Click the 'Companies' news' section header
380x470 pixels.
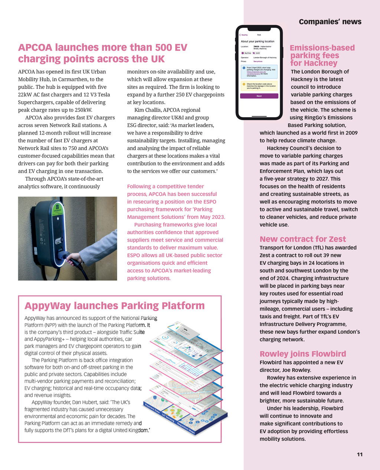330,22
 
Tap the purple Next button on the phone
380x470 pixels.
259,96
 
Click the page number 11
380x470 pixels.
359,454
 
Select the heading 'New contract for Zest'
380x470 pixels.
302,239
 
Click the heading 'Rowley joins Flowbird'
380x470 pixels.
302,354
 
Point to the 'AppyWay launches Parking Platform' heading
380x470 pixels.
114,306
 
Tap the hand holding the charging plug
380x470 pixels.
73,258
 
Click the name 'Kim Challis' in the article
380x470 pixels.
148,110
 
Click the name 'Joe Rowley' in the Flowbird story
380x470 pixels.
298,370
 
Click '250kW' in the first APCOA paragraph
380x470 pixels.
83,110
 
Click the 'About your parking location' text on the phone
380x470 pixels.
258,42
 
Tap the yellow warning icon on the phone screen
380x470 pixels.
243,84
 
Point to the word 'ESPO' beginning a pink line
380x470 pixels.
135,255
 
